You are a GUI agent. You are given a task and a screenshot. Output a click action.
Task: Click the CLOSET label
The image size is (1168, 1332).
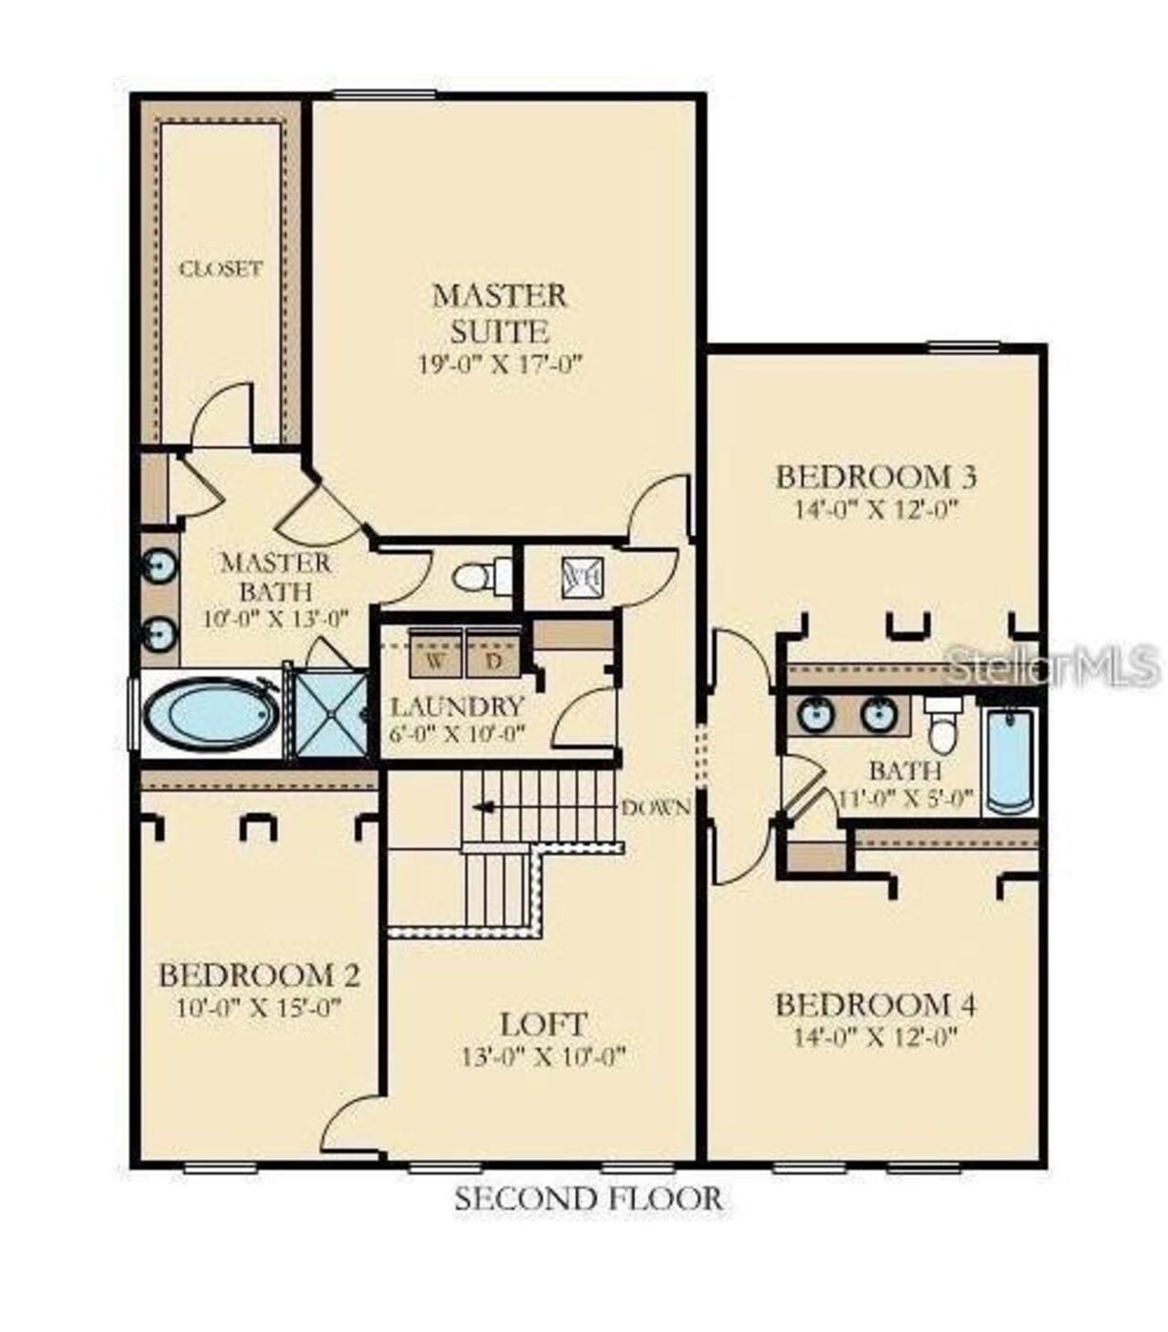click(221, 268)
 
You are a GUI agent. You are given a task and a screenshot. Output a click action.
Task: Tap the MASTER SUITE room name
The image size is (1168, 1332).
click(500, 313)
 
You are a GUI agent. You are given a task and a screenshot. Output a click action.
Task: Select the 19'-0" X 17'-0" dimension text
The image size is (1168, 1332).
click(501, 364)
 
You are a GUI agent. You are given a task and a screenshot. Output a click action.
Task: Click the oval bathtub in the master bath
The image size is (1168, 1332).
click(212, 714)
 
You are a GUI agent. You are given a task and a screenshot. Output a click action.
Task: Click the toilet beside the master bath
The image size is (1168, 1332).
click(482, 577)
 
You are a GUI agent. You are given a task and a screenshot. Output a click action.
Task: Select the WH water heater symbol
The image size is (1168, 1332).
click(581, 578)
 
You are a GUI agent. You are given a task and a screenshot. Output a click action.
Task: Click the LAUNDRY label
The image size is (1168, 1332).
click(458, 706)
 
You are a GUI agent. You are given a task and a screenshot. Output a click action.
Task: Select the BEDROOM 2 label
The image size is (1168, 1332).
click(260, 975)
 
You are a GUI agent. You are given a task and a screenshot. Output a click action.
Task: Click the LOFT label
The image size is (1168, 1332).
click(543, 1025)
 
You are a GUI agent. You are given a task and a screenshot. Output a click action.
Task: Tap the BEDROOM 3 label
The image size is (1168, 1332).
click(876, 476)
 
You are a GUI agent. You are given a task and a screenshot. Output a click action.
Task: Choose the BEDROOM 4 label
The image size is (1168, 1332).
click(876, 1004)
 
